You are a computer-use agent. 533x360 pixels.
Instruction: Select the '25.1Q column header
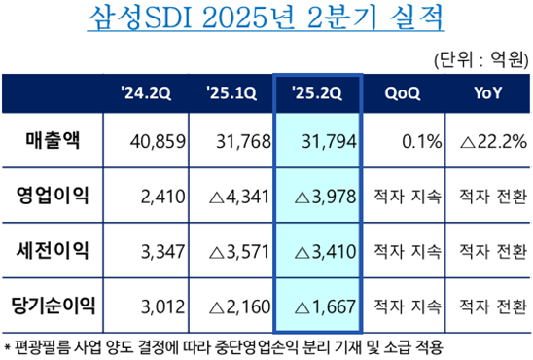[231, 93]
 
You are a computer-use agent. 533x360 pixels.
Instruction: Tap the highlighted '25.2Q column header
[317, 93]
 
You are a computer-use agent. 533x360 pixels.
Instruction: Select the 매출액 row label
[54, 142]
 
